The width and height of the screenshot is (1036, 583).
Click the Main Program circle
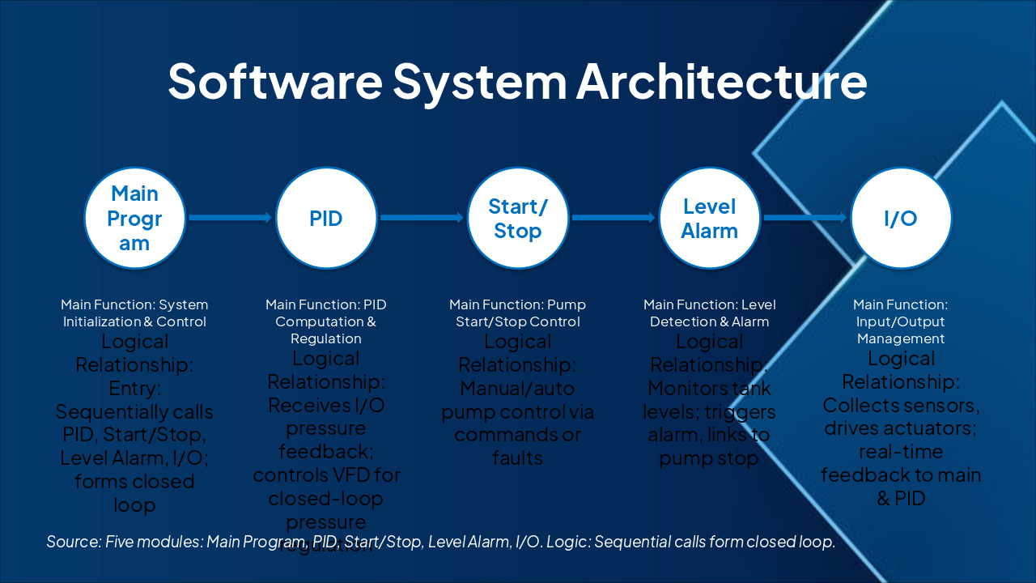[x=135, y=218]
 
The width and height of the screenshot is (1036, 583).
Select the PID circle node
[x=326, y=218]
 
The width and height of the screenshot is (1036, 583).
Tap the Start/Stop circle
[x=518, y=218]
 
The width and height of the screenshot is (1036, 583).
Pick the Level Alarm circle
[x=709, y=218]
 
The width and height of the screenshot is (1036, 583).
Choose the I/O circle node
[x=901, y=218]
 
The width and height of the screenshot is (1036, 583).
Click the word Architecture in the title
[x=722, y=81]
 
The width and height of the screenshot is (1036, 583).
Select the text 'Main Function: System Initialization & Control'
[x=134, y=313]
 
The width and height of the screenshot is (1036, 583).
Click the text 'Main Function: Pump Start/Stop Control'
[x=517, y=313]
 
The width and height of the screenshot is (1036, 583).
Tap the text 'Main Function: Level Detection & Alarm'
[x=709, y=313]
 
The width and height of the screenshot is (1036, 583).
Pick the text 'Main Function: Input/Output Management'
[x=901, y=321]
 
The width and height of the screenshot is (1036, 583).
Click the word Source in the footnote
[x=72, y=542]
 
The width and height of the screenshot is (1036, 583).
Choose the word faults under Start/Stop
[x=517, y=458]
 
